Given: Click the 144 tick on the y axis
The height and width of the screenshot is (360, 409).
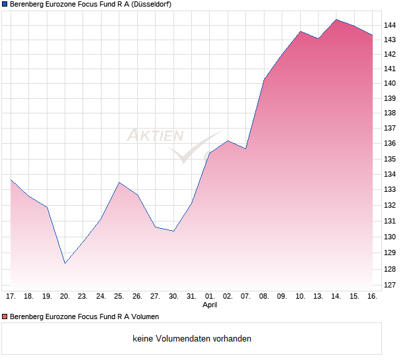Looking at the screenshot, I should pos(391,25).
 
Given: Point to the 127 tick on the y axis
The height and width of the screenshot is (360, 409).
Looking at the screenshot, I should pos(391,285).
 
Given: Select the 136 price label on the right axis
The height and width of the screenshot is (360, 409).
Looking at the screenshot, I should pos(391,144).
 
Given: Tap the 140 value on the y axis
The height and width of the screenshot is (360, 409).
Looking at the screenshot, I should pos(391,83).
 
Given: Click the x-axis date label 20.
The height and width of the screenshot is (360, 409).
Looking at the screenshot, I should pos(65,297).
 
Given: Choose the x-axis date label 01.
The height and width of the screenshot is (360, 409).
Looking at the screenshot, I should pos(210,297).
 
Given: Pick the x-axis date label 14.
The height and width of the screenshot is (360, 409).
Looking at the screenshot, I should pos(336,297).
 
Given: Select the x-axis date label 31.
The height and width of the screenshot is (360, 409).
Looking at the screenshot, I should pos(191,297).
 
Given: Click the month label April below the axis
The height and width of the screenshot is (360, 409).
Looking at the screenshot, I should pos(210,305).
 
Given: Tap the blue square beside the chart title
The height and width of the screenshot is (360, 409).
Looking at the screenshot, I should pos(5,4).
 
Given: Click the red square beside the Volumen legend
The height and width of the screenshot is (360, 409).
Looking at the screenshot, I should pos(5,317).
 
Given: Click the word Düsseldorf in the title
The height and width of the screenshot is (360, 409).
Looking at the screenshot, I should pos(152,4).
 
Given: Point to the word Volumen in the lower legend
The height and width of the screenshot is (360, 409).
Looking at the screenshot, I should pos(144,317).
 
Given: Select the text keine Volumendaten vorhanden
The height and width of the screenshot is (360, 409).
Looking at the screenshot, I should pos(192,339).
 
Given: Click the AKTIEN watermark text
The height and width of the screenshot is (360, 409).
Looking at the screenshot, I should pos(155,136).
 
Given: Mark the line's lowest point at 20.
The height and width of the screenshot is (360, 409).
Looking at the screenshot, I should pos(65,263).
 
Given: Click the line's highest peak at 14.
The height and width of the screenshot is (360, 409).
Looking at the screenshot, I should pos(336,20).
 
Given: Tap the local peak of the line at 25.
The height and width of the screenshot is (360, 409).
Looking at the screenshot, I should pos(119,182).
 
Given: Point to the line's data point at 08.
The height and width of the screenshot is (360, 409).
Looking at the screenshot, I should pos(264,80).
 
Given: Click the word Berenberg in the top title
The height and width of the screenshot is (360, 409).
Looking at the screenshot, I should pos(28,4).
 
